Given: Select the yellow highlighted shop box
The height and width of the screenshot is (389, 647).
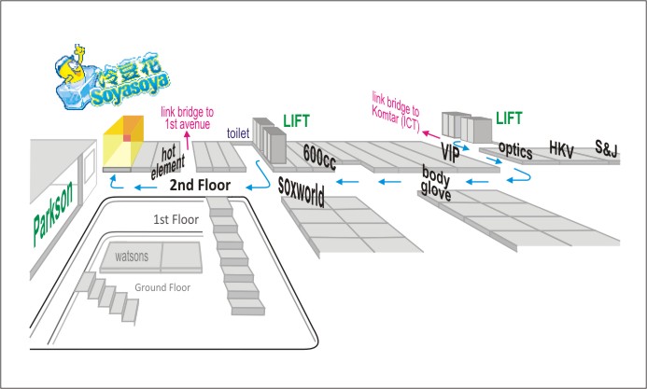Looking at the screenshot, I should tap(124, 144).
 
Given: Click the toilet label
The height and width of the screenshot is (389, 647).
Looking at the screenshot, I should tap(239, 134).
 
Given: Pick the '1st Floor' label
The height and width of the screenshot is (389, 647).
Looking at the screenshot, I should tap(176, 220).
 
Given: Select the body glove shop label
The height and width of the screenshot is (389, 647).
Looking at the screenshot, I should tap(437, 180).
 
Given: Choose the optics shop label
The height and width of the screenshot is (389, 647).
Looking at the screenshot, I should tap(515, 149).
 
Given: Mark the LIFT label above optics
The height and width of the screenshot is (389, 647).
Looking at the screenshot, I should tap(510, 118).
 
